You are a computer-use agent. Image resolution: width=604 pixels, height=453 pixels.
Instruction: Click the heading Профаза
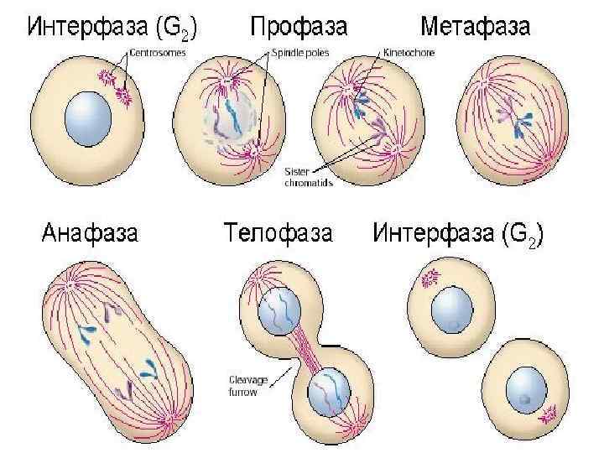(x=299, y=28)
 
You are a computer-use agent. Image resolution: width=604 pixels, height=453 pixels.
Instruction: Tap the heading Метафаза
(x=475, y=28)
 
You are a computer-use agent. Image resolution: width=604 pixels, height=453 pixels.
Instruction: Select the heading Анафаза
(x=91, y=232)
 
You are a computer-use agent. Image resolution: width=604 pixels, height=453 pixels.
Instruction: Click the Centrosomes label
(x=158, y=52)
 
